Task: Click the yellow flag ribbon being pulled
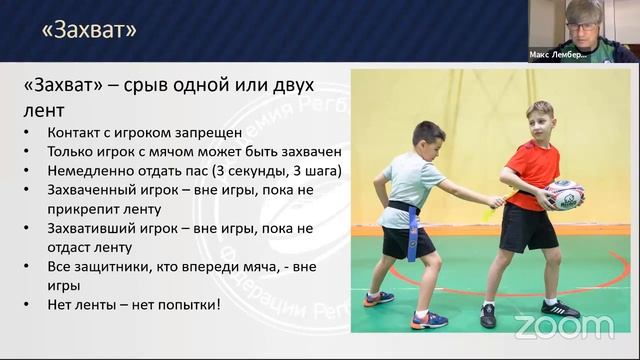[489, 211]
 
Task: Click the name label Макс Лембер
[558, 57]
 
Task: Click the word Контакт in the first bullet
[76, 133]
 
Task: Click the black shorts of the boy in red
[527, 227]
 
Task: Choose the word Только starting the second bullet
[71, 152]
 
